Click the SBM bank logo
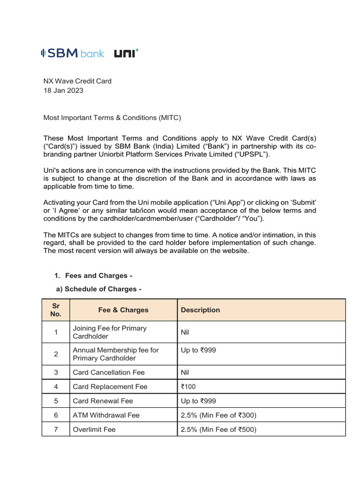73,53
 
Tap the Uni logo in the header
126,53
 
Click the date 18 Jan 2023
63,90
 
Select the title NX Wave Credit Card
77,81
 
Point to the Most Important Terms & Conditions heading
112,118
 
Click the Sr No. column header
56,310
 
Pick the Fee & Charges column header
123,310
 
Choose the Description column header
200,310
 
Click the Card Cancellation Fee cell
109,373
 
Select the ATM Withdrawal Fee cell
106,415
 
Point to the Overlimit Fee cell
94,429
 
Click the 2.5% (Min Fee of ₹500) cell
218,429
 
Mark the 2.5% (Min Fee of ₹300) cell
218,415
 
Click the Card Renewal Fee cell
103,401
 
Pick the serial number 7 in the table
56,429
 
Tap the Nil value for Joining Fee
186,332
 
